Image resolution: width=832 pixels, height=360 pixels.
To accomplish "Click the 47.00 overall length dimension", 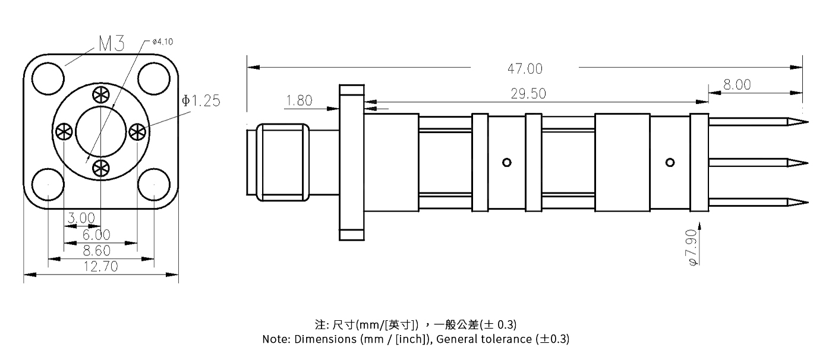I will pyautogui.click(x=525, y=69).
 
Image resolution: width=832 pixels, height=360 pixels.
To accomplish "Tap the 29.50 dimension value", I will pyautogui.click(x=528, y=94).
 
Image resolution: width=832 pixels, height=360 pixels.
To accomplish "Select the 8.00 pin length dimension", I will pyautogui.click(x=737, y=85).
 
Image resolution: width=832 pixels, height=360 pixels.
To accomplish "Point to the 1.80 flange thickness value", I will pyautogui.click(x=299, y=101).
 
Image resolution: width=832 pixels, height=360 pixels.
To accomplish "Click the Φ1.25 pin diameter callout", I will pyautogui.click(x=201, y=101).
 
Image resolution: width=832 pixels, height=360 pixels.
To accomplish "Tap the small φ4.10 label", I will pyautogui.click(x=162, y=42).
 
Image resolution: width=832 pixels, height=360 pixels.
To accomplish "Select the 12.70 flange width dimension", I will pyautogui.click(x=100, y=267).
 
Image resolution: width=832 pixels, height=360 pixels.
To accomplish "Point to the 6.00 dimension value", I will pyautogui.click(x=96, y=235).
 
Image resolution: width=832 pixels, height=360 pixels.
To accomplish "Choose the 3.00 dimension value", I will pyautogui.click(x=81, y=219).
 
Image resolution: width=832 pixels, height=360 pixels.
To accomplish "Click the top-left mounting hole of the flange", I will pyautogui.click(x=48, y=80).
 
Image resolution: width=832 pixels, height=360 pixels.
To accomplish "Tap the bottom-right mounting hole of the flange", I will pyautogui.click(x=153, y=184).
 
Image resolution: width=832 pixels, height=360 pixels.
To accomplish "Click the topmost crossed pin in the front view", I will pyautogui.click(x=100, y=95).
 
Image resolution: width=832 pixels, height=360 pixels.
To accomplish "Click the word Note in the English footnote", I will pyautogui.click(x=275, y=340).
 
